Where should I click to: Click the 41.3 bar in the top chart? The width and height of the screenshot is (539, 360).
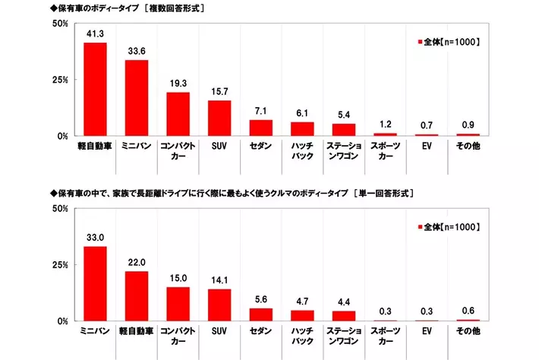coord(95,90)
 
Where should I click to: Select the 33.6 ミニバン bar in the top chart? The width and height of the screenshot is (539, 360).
coord(137,98)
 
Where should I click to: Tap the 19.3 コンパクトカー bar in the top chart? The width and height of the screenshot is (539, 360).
coord(178,114)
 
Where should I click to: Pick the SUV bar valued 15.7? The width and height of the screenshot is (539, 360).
coord(219,118)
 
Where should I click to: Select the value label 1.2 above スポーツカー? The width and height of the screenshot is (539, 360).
coord(385,122)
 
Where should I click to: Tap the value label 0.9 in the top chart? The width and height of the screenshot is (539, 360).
coord(468,123)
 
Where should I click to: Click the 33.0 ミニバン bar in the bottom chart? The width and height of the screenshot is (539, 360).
coord(95,283)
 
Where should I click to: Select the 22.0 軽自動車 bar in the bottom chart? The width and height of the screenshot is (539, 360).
coord(137,296)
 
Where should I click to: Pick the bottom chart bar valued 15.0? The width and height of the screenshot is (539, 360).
coord(178,304)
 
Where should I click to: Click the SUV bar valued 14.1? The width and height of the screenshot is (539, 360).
coord(219,305)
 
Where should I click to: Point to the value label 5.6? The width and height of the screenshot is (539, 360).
coord(261,298)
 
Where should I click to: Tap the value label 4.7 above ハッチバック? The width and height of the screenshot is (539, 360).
coord(302,300)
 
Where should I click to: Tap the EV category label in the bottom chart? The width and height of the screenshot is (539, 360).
coord(427,332)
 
